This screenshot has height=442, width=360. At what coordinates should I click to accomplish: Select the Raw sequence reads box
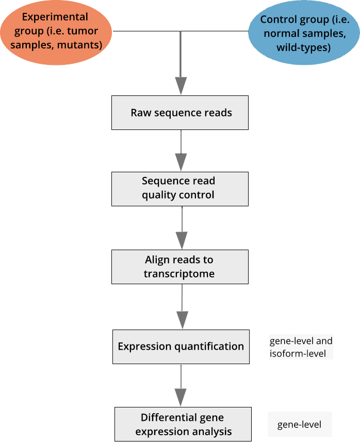point(180,112)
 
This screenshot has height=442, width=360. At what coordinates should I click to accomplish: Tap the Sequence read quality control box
point(180,188)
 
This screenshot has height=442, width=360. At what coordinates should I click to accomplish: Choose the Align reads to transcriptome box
point(179,267)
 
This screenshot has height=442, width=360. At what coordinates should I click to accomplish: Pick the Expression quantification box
point(181,346)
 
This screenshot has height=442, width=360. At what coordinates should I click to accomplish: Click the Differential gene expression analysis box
point(183,424)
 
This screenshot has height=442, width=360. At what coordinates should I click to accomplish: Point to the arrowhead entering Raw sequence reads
point(181,85)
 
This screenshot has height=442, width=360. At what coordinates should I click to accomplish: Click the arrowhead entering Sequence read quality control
point(181,161)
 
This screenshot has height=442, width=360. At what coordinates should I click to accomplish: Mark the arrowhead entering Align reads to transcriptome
point(182,240)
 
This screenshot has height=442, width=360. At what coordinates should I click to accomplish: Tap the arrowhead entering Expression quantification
point(182,319)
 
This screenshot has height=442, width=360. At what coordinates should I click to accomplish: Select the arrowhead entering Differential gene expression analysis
point(181,397)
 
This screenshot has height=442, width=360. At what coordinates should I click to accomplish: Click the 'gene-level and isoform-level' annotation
point(301,347)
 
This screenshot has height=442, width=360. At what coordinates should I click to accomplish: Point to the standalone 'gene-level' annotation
point(299,424)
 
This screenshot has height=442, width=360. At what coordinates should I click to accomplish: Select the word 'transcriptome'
point(179,273)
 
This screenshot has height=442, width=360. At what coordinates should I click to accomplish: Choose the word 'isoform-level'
point(298,354)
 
